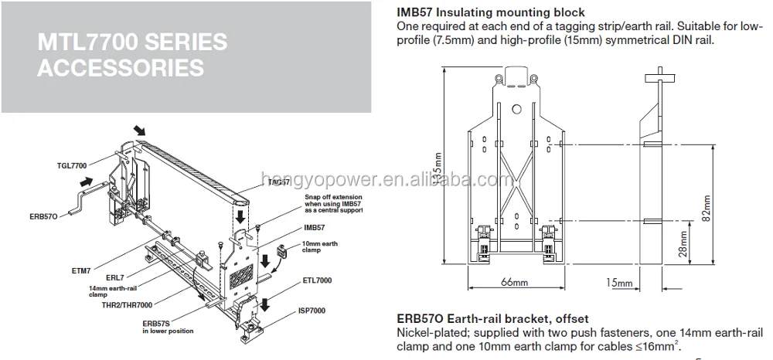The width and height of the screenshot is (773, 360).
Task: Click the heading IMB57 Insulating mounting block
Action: click(x=490, y=13)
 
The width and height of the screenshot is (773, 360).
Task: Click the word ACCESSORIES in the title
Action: click(x=121, y=67)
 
